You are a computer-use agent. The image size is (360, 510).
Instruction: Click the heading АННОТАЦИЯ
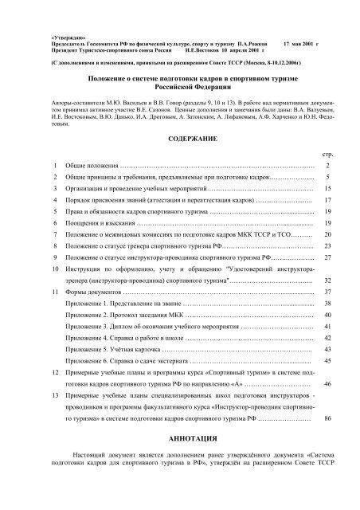point(180,438)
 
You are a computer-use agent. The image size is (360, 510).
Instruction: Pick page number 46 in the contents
point(327,382)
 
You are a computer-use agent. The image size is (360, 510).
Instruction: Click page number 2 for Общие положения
point(327,165)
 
